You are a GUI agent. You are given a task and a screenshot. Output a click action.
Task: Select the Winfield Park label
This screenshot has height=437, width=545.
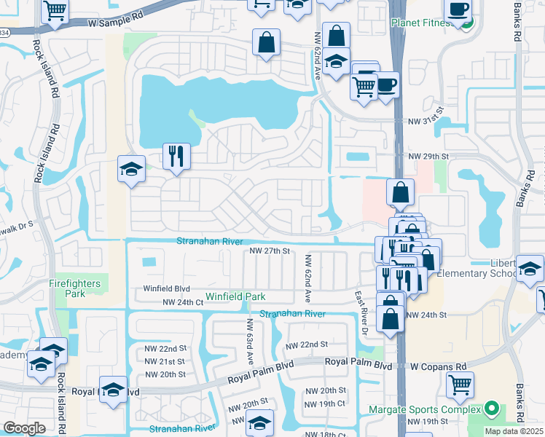pos(235,296)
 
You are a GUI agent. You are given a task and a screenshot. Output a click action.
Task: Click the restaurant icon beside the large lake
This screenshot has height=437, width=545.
pos(176,157)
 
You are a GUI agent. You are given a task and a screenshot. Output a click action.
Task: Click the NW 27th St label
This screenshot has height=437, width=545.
pos(269,251)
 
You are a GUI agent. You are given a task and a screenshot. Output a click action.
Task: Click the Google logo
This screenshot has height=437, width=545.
pos(24,428)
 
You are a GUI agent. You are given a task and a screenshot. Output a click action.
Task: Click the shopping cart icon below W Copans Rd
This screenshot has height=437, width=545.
pos(460,385)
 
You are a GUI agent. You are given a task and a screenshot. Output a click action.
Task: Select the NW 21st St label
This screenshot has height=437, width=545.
pos(165,361)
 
